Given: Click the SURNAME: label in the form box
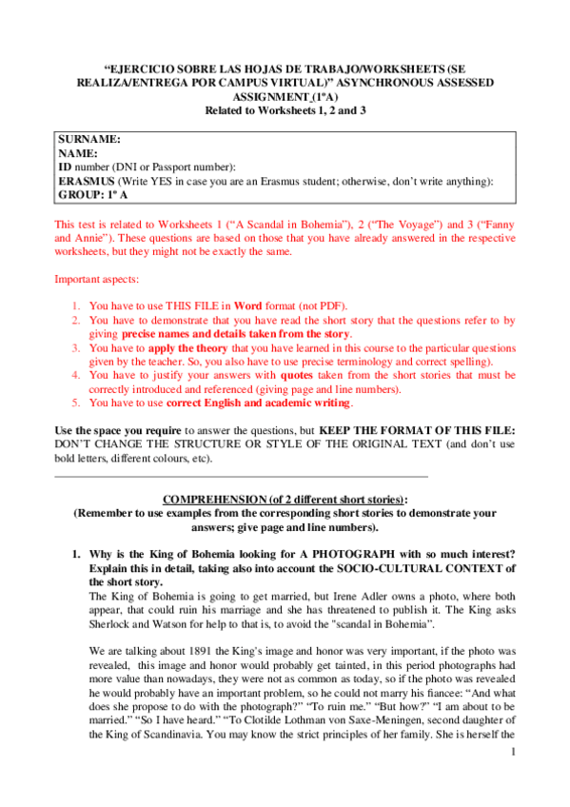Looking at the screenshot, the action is [89, 139].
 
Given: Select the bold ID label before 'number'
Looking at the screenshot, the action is [65, 166].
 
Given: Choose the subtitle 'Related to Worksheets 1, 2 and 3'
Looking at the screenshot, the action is [285, 110].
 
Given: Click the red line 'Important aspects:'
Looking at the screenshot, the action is [96, 280].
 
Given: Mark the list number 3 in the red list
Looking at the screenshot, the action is [76, 348].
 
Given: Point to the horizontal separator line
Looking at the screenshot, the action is [242, 475].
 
